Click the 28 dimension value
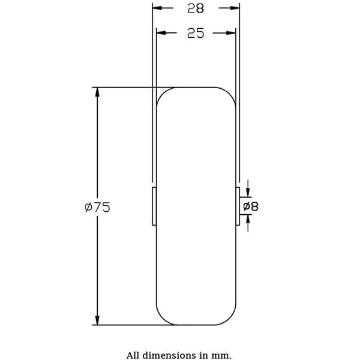click(196, 9)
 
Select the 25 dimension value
click(196, 33)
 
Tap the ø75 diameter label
click(97, 208)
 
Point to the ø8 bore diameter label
click(251, 206)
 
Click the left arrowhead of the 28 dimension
click(157, 8)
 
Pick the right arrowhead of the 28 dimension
click(235, 8)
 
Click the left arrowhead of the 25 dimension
click(161, 33)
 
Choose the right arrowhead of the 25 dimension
click(231, 33)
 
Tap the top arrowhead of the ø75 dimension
click(97, 92)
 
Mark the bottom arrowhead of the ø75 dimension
click(97, 320)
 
